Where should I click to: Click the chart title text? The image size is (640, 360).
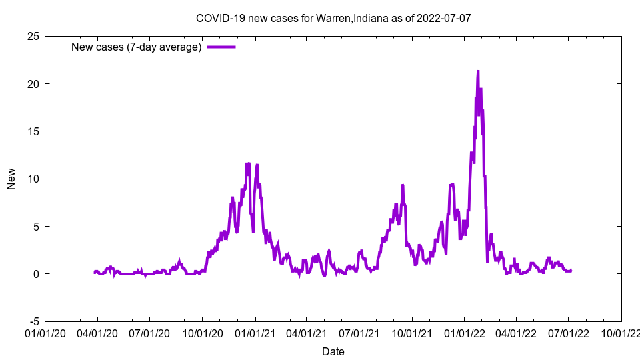[x=333, y=18]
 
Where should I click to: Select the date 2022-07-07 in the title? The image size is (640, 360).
[x=444, y=18]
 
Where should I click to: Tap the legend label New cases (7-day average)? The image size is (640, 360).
[x=137, y=47]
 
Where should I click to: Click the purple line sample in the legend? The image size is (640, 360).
[x=221, y=47]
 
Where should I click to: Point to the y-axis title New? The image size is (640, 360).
[x=11, y=179]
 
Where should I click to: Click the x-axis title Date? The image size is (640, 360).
[x=333, y=351]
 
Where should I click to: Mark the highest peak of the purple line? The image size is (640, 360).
[x=478, y=71]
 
